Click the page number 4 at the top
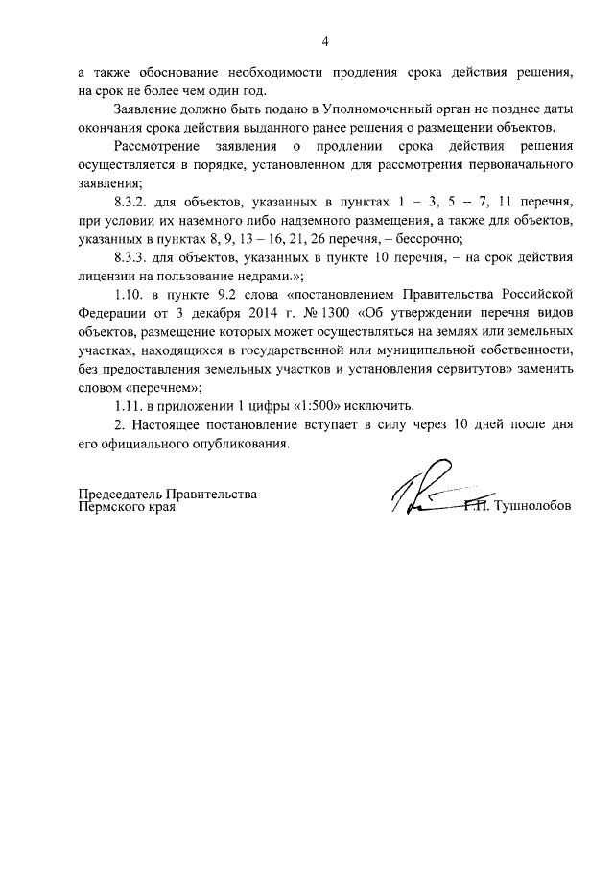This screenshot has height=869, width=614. pyautogui.click(x=325, y=41)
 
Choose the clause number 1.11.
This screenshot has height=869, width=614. pyautogui.click(x=130, y=404)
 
